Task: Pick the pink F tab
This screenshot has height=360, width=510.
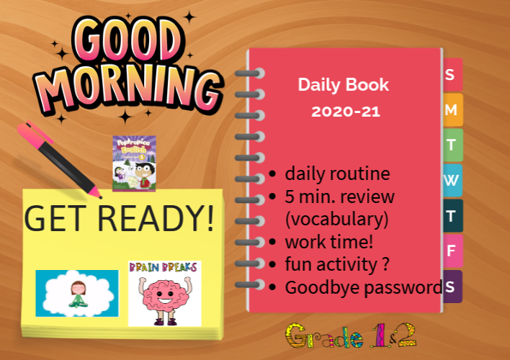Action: point(452,251)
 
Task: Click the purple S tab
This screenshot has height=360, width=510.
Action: point(452,287)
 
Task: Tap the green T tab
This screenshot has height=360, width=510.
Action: point(452,145)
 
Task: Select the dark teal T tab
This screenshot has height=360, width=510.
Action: point(452,215)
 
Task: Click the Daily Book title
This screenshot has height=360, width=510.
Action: point(344,85)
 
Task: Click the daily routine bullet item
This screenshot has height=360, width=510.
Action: point(337,174)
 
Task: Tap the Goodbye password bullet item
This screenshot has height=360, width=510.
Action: point(364,287)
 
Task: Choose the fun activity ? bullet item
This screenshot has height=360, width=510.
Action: point(337,264)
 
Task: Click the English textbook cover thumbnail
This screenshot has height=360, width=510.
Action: point(134,164)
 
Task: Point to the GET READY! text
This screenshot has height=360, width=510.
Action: point(120,217)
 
